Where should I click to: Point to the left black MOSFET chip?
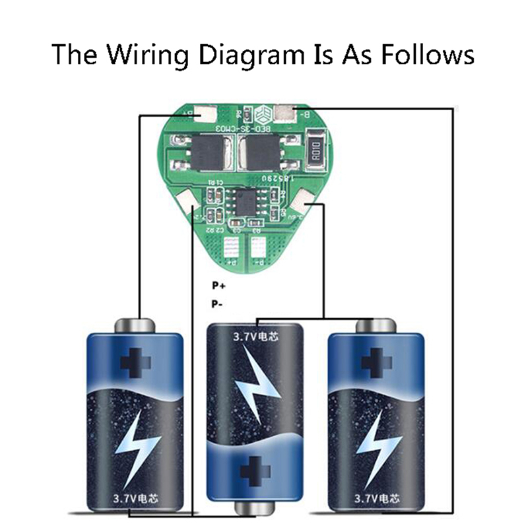coord(198,153)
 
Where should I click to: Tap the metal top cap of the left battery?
coord(135,325)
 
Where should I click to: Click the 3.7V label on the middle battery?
coord(255,337)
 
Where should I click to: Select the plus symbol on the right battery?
coord(376,361)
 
